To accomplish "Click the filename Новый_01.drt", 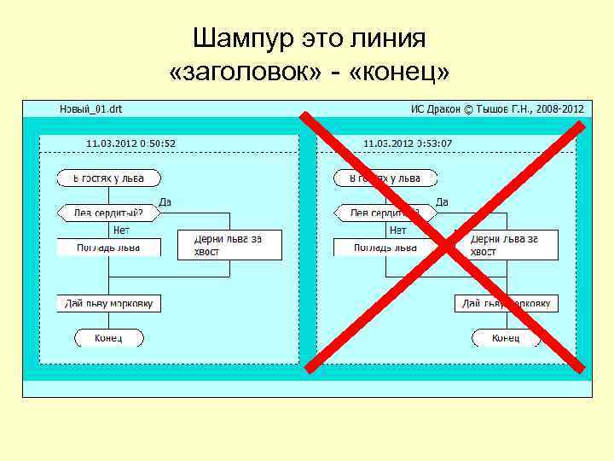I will click(x=90, y=109).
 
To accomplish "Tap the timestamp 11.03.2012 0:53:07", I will click(x=408, y=143).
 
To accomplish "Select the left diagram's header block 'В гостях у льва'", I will click(x=109, y=178).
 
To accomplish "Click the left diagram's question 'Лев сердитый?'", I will click(x=108, y=213).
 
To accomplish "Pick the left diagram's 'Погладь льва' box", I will click(x=108, y=247).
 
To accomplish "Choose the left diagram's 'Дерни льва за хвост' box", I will click(x=229, y=245).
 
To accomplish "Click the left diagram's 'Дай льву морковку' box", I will click(x=108, y=303).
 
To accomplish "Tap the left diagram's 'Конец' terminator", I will click(x=108, y=338).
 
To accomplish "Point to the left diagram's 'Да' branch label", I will click(x=165, y=202).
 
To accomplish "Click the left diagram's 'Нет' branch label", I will click(x=121, y=230).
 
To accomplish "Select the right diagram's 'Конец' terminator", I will click(x=506, y=338).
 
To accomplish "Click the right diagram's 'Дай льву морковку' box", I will click(x=506, y=303).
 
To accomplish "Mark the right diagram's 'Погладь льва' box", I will click(x=385, y=247).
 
